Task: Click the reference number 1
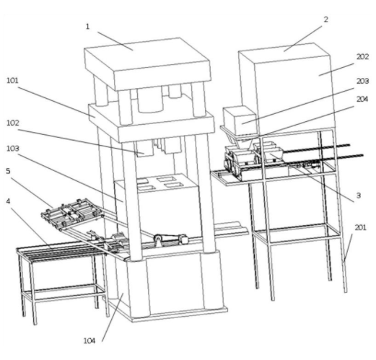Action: (87, 27)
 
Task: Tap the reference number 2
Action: (326, 19)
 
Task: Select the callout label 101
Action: (12, 80)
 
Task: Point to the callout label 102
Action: (13, 123)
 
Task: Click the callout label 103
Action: (13, 149)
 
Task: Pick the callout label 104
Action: (89, 341)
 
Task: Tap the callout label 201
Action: (360, 227)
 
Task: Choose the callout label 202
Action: (362, 57)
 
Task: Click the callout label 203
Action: (362, 81)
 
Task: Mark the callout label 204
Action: (362, 99)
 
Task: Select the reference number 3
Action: (359, 196)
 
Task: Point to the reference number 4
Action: (8, 201)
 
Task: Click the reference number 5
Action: (8, 171)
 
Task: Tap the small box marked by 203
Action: (240, 120)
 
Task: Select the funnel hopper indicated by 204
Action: (243, 141)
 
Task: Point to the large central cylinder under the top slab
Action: (150, 100)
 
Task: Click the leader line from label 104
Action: (113, 317)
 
